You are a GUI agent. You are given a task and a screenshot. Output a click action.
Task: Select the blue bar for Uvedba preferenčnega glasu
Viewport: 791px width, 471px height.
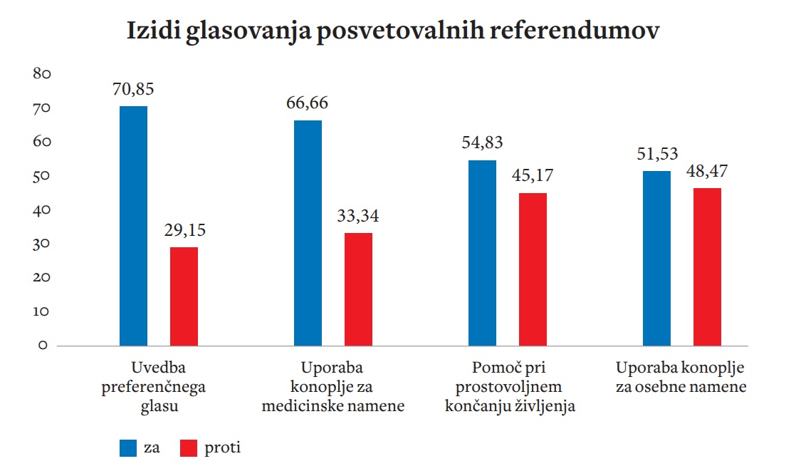134,226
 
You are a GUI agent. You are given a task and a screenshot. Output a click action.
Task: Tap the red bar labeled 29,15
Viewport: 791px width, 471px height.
184,296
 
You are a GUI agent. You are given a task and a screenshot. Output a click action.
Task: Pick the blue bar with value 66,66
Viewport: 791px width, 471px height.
308,233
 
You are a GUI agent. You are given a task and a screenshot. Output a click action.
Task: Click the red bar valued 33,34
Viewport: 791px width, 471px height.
358,289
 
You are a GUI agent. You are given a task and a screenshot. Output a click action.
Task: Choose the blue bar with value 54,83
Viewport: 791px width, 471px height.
483,253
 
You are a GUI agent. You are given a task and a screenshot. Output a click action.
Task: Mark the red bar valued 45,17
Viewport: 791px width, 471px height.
533,269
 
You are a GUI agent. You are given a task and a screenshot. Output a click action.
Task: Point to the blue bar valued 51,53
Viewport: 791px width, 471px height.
656,259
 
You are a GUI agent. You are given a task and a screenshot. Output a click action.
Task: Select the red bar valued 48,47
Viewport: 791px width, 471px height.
707,267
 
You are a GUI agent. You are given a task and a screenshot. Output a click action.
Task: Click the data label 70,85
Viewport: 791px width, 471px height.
133,90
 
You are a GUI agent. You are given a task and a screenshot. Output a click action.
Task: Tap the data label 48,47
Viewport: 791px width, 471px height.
707,172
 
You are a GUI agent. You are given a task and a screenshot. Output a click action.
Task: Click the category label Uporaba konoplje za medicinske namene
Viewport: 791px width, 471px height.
333,388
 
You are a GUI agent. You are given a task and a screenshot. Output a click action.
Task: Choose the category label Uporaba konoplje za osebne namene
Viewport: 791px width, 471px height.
681,378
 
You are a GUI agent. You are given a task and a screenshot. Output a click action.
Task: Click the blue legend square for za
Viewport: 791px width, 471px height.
129,447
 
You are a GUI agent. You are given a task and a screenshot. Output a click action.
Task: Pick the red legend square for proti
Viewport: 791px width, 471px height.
189,447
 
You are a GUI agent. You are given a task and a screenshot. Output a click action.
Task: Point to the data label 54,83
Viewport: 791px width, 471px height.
482,142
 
